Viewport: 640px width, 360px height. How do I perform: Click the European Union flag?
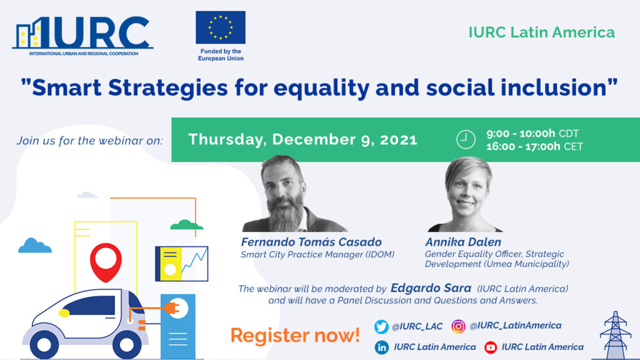tap(221, 27)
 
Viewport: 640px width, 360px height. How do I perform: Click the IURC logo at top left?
tap(82, 35)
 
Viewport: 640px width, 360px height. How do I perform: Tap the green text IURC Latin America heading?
tap(542, 32)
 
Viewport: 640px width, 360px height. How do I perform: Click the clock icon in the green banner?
tap(466, 139)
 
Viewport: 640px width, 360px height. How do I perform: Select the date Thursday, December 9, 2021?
tap(302, 139)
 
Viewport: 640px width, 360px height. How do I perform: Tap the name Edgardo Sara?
tap(431, 288)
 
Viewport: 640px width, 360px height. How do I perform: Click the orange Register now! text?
tap(295, 334)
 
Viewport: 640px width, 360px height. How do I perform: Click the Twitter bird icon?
tap(381, 327)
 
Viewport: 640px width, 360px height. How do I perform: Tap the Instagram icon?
tap(459, 326)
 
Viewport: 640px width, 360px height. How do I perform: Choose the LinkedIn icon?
tap(381, 347)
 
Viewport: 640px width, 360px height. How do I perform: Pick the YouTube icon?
tap(491, 347)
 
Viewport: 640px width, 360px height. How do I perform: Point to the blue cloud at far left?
tap(35, 245)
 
